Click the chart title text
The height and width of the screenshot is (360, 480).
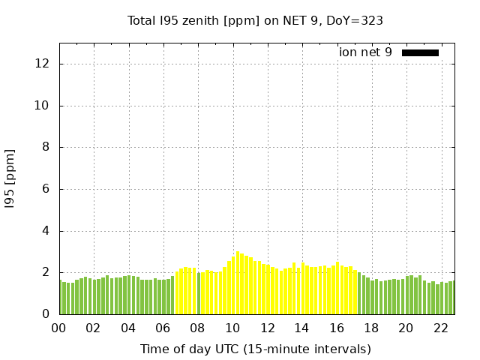tap(255, 21)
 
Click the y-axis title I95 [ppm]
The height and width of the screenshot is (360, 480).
tap(10, 178)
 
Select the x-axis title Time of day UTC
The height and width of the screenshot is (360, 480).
tap(255, 349)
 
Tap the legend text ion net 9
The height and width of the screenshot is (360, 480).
tap(365, 52)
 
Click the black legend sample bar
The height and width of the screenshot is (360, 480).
tap(420, 52)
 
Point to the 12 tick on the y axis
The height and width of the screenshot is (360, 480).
tap(43, 64)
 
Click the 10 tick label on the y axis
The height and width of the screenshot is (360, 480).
tap(43, 106)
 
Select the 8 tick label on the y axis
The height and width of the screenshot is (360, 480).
tap(46, 148)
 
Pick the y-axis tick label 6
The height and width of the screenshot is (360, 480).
tap(46, 189)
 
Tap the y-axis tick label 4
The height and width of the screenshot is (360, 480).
tap(46, 231)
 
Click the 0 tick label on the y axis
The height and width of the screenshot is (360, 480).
tap(46, 314)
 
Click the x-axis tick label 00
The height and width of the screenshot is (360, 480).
tap(58, 328)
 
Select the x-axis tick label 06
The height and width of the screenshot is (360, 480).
tap(163, 328)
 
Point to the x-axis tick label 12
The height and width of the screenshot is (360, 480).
tap(267, 328)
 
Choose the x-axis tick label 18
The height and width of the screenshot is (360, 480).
tap(371, 328)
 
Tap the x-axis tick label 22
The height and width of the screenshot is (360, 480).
tap(440, 328)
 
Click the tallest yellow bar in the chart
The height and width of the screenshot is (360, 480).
tap(238, 283)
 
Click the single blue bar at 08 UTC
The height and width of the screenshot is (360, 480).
tap(199, 293)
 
